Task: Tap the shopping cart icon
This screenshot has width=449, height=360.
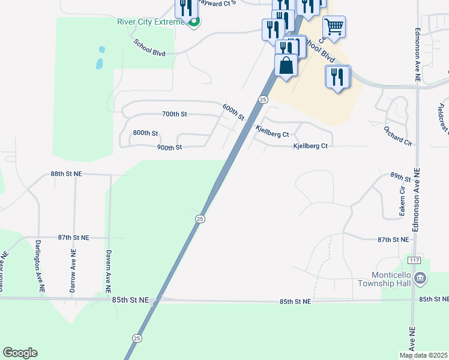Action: tap(334, 26)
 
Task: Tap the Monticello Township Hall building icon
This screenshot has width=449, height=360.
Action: tap(420, 278)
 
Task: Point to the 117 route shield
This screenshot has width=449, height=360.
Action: tap(414, 260)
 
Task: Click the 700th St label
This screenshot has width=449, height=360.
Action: tap(175, 114)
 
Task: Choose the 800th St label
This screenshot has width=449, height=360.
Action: tap(145, 133)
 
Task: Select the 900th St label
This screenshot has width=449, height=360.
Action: tap(169, 147)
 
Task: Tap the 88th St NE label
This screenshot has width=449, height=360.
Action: tap(66, 173)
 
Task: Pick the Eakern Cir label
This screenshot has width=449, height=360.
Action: tap(402, 200)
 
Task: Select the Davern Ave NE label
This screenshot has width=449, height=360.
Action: tap(109, 271)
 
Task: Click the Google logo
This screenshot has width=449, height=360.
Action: tap(20, 353)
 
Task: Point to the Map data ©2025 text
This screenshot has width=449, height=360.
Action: tap(424, 355)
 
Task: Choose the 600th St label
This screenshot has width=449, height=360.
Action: tap(233, 112)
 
